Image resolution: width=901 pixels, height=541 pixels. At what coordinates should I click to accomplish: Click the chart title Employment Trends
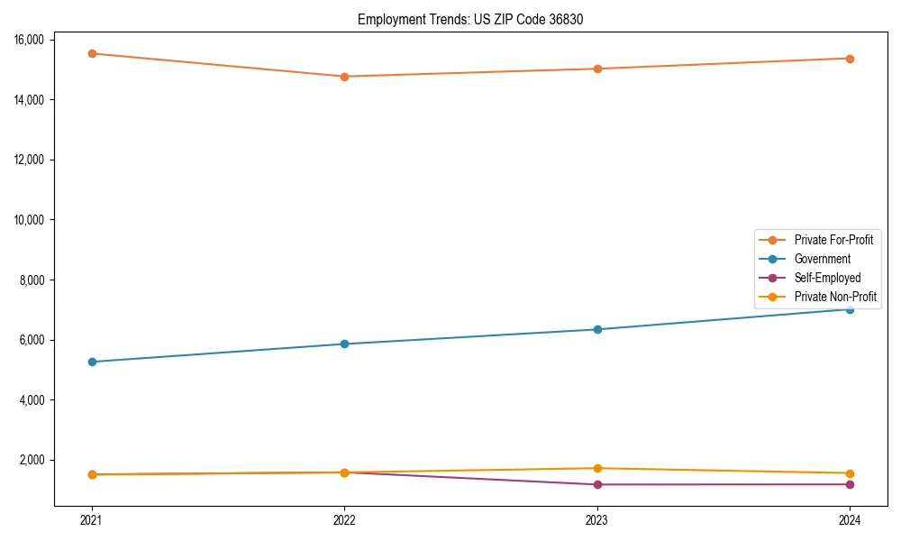point(470,19)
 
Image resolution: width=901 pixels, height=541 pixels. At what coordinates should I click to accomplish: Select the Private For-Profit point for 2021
point(92,53)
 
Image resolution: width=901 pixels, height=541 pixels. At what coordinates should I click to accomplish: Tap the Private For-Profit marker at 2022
point(344,77)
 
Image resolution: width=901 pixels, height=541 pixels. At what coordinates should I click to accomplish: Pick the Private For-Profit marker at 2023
point(597,69)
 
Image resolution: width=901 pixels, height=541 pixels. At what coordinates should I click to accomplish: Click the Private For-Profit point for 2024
point(850,59)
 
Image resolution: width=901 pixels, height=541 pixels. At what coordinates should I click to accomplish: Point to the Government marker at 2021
point(92,362)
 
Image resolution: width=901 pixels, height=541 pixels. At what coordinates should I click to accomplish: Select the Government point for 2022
point(344,344)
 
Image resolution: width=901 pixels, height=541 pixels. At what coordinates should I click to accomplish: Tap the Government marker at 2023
point(597,329)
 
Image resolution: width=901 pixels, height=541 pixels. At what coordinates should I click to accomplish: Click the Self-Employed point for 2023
point(597,484)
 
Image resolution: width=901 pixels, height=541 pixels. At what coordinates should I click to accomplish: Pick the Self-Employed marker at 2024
point(850,484)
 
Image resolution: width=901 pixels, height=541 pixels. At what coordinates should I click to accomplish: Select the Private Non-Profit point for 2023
point(597,468)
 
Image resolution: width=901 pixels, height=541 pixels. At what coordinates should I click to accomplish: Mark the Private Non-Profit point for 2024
point(850,473)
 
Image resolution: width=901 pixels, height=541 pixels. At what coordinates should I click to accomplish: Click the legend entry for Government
point(822,259)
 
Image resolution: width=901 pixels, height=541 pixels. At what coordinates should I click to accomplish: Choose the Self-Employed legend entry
point(827,278)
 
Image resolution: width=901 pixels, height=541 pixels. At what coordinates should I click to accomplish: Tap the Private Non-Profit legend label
point(835,297)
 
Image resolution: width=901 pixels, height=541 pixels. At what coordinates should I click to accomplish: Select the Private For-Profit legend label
point(833,240)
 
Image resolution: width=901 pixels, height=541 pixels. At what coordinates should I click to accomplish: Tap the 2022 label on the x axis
point(344,519)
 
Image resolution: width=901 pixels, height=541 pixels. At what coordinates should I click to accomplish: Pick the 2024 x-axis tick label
point(850,519)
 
